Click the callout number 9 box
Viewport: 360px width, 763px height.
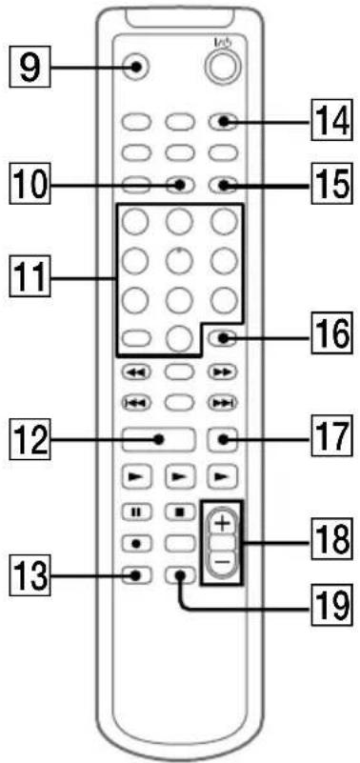click(31, 68)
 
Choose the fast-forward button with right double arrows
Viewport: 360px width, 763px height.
click(221, 373)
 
